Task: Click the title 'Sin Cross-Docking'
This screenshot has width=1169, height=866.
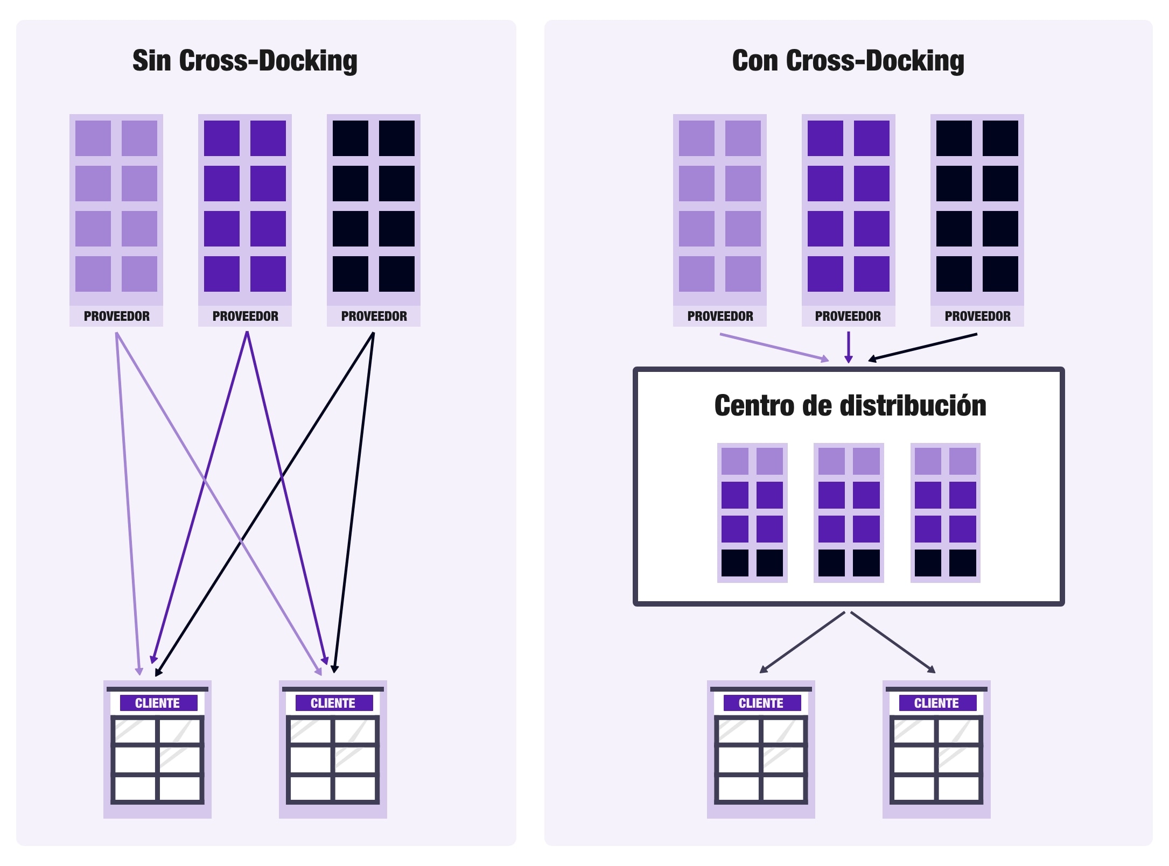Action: tap(244, 60)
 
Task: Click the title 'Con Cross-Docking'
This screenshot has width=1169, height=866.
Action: tap(848, 60)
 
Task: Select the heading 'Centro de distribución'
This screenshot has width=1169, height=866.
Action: tap(850, 405)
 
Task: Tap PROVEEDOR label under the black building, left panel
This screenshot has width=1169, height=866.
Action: tap(374, 316)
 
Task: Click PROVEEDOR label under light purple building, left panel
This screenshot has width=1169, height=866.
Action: tap(116, 316)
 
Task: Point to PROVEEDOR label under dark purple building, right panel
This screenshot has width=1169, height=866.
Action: tap(848, 316)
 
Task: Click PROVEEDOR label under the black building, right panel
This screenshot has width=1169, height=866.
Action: tap(977, 316)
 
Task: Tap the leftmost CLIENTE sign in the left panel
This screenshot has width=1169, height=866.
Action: tap(158, 703)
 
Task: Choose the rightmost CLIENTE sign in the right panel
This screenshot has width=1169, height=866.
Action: tap(936, 703)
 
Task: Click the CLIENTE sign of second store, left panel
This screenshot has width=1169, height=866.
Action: tap(333, 703)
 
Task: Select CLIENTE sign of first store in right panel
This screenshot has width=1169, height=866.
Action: tap(760, 703)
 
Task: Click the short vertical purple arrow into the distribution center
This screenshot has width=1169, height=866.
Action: tap(848, 347)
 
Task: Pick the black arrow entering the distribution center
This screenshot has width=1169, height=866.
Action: tap(922, 347)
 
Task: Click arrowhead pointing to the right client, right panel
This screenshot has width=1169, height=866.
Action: tap(931, 669)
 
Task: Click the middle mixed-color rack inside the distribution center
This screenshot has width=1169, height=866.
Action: tap(848, 512)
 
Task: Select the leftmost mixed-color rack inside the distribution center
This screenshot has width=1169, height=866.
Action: tap(752, 512)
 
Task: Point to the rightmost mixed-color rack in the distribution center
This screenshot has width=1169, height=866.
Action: tap(945, 512)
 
